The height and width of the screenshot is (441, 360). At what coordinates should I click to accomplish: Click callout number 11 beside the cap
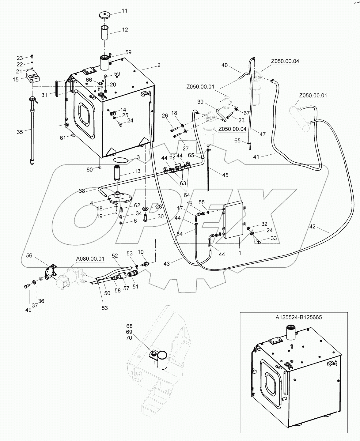click(x=116, y=11)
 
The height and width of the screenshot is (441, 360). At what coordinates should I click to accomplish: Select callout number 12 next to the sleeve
click(x=125, y=30)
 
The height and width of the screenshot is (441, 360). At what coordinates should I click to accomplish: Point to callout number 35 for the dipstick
click(x=20, y=132)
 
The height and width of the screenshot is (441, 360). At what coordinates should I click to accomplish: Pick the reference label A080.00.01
click(x=90, y=259)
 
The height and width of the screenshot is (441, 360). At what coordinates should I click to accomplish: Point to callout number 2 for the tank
click(x=159, y=65)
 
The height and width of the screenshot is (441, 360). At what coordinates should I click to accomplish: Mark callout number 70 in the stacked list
click(x=129, y=337)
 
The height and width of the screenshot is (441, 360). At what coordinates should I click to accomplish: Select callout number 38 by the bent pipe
click(x=82, y=191)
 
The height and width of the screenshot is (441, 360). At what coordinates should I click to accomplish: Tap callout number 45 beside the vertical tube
click(x=225, y=175)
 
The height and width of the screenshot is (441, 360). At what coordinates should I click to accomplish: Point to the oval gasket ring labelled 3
click(x=121, y=160)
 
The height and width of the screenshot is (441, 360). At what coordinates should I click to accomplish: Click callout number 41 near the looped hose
click(x=256, y=157)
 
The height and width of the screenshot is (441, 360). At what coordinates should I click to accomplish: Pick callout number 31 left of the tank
click(x=44, y=95)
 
